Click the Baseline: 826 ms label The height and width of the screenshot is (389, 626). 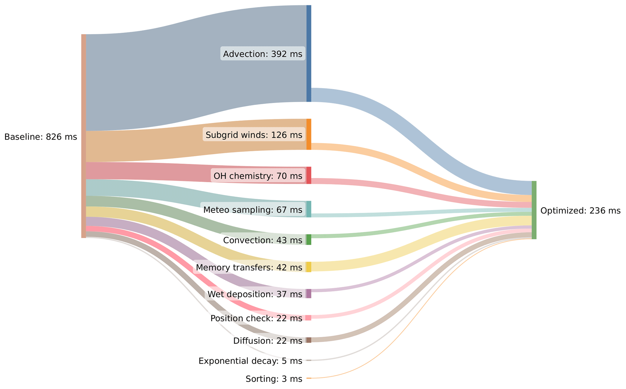click(41, 137)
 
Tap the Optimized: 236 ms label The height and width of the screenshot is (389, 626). click(580, 211)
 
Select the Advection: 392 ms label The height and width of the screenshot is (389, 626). click(263, 54)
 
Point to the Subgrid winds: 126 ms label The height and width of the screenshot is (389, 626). click(254, 135)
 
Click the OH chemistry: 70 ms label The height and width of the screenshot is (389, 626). click(258, 176)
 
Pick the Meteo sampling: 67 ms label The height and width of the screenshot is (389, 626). click(253, 210)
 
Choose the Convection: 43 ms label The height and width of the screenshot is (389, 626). click(263, 240)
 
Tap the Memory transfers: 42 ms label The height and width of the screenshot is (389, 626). click(249, 267)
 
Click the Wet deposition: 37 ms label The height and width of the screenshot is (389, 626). click(255, 294)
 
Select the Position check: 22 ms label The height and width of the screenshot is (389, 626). click(256, 318)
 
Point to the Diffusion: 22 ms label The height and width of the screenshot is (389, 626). click(268, 341)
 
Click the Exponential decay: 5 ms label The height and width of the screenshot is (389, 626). click(250, 361)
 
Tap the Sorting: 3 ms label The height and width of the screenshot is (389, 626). click(274, 379)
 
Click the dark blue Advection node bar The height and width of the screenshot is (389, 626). click(309, 54)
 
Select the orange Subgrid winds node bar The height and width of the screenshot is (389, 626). click(309, 134)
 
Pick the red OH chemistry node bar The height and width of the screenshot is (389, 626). click(309, 175)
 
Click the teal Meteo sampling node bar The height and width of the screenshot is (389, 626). click(309, 209)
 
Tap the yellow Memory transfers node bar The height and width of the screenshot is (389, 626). click(309, 267)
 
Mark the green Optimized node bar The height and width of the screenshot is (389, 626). click(534, 210)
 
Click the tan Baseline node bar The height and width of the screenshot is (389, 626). click(84, 136)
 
